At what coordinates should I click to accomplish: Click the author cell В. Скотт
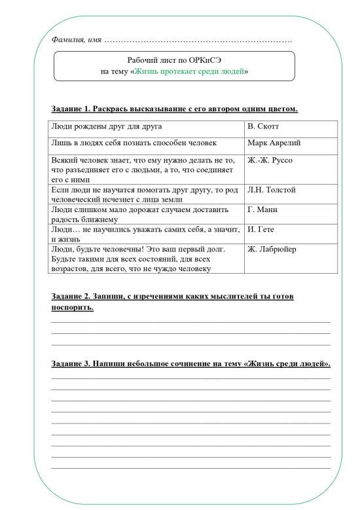click(x=263, y=126)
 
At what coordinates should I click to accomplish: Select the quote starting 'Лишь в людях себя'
click(x=134, y=142)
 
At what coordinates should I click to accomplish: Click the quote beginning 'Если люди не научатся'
click(x=141, y=194)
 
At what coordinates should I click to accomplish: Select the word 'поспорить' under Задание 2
click(x=72, y=308)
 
